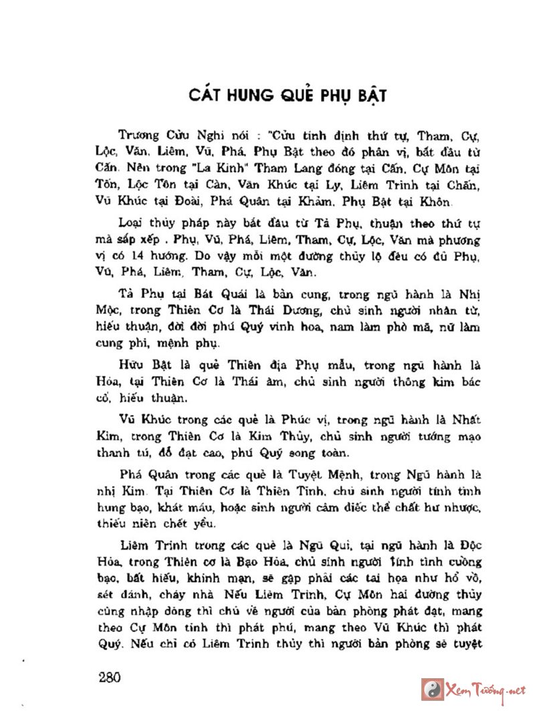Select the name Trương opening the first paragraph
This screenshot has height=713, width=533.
136,134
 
